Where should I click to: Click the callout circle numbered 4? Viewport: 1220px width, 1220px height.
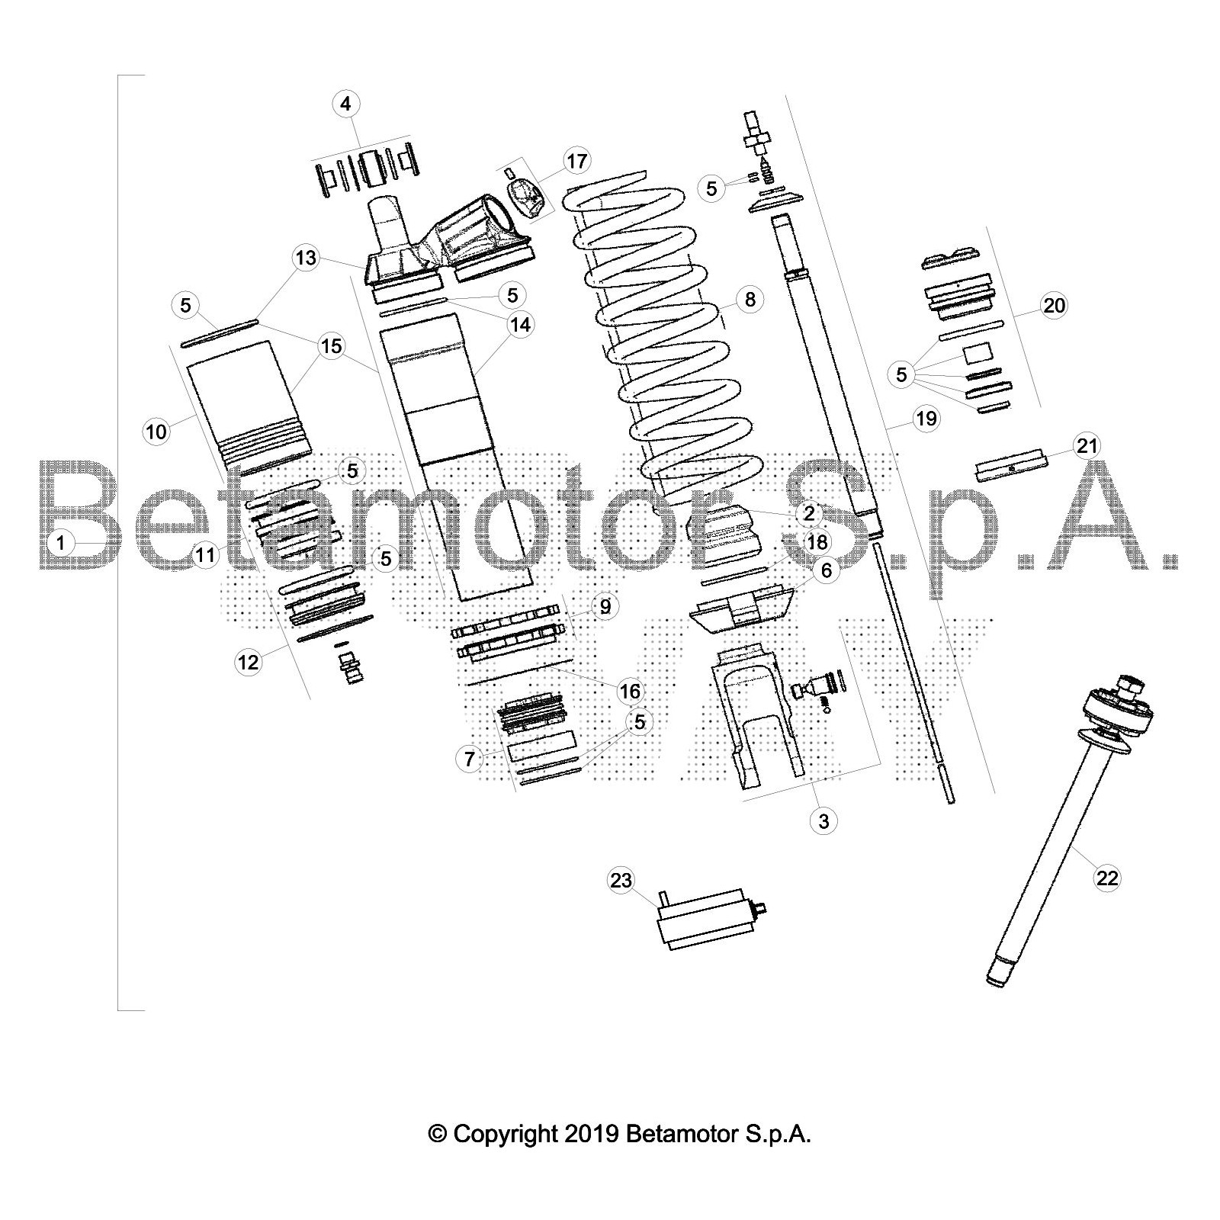coord(346,104)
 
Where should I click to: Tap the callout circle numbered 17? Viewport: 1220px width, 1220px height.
coord(577,161)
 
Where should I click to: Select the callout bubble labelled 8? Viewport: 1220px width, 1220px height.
coord(750,299)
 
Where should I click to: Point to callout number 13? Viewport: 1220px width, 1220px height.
coord(306,258)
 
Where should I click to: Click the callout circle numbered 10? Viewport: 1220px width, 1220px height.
coord(156,432)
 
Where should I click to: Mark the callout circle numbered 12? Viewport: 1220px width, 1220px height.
coord(249,663)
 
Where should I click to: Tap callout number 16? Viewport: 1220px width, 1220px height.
coord(630,692)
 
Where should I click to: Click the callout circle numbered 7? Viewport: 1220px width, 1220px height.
coord(470,759)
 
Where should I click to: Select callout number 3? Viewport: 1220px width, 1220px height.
coord(823,821)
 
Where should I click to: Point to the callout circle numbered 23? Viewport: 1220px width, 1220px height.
coord(621,881)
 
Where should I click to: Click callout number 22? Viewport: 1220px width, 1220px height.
coord(1107,878)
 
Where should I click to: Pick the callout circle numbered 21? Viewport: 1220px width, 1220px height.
coord(1087,445)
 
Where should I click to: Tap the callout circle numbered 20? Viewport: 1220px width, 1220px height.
coord(1054,306)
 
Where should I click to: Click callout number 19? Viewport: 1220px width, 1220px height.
coord(927,419)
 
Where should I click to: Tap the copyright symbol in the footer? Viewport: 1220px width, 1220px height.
coord(438,1134)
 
